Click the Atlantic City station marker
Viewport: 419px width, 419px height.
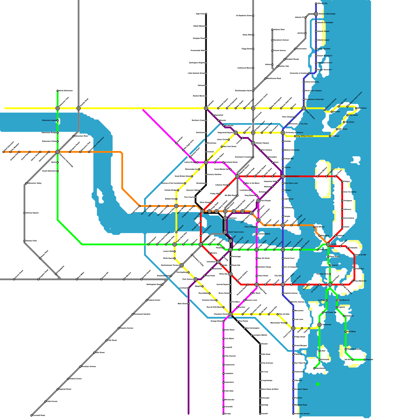tap(316, 3)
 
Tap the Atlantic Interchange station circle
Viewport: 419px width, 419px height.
tap(316, 14)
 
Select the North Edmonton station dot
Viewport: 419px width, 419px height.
tap(58, 91)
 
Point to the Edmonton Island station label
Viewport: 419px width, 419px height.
tap(49, 120)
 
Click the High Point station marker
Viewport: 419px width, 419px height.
tap(206, 14)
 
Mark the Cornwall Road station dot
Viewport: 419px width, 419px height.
tap(31, 415)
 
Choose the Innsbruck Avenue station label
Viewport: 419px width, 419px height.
tap(302, 414)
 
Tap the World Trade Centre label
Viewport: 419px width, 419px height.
tap(236, 232)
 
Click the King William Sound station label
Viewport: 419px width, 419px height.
tap(304, 136)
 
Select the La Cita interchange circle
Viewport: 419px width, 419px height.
tap(328, 244)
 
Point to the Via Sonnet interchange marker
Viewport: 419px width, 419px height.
tap(319, 325)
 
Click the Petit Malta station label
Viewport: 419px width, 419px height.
tap(351, 332)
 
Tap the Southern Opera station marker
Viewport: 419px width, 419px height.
tap(293, 389)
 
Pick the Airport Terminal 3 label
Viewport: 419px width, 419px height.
tap(325, 56)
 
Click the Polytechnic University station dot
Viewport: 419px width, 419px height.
tap(304, 100)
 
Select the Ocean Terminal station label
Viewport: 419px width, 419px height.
tap(324, 49)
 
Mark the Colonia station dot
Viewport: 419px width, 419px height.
tap(330, 265)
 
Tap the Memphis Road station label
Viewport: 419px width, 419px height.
tap(301, 405)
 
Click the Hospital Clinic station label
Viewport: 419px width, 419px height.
tap(322, 274)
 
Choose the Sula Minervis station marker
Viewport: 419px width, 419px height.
tap(337, 300)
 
